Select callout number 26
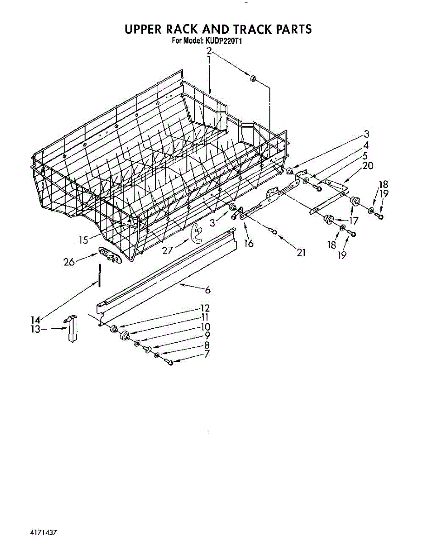coord(69,262)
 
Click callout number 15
coord(83,240)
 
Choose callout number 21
coord(301,252)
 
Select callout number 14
coord(35,320)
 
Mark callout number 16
coord(249,242)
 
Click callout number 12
coord(205,308)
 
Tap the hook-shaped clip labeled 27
coord(197,233)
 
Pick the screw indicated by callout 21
coord(274,232)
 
